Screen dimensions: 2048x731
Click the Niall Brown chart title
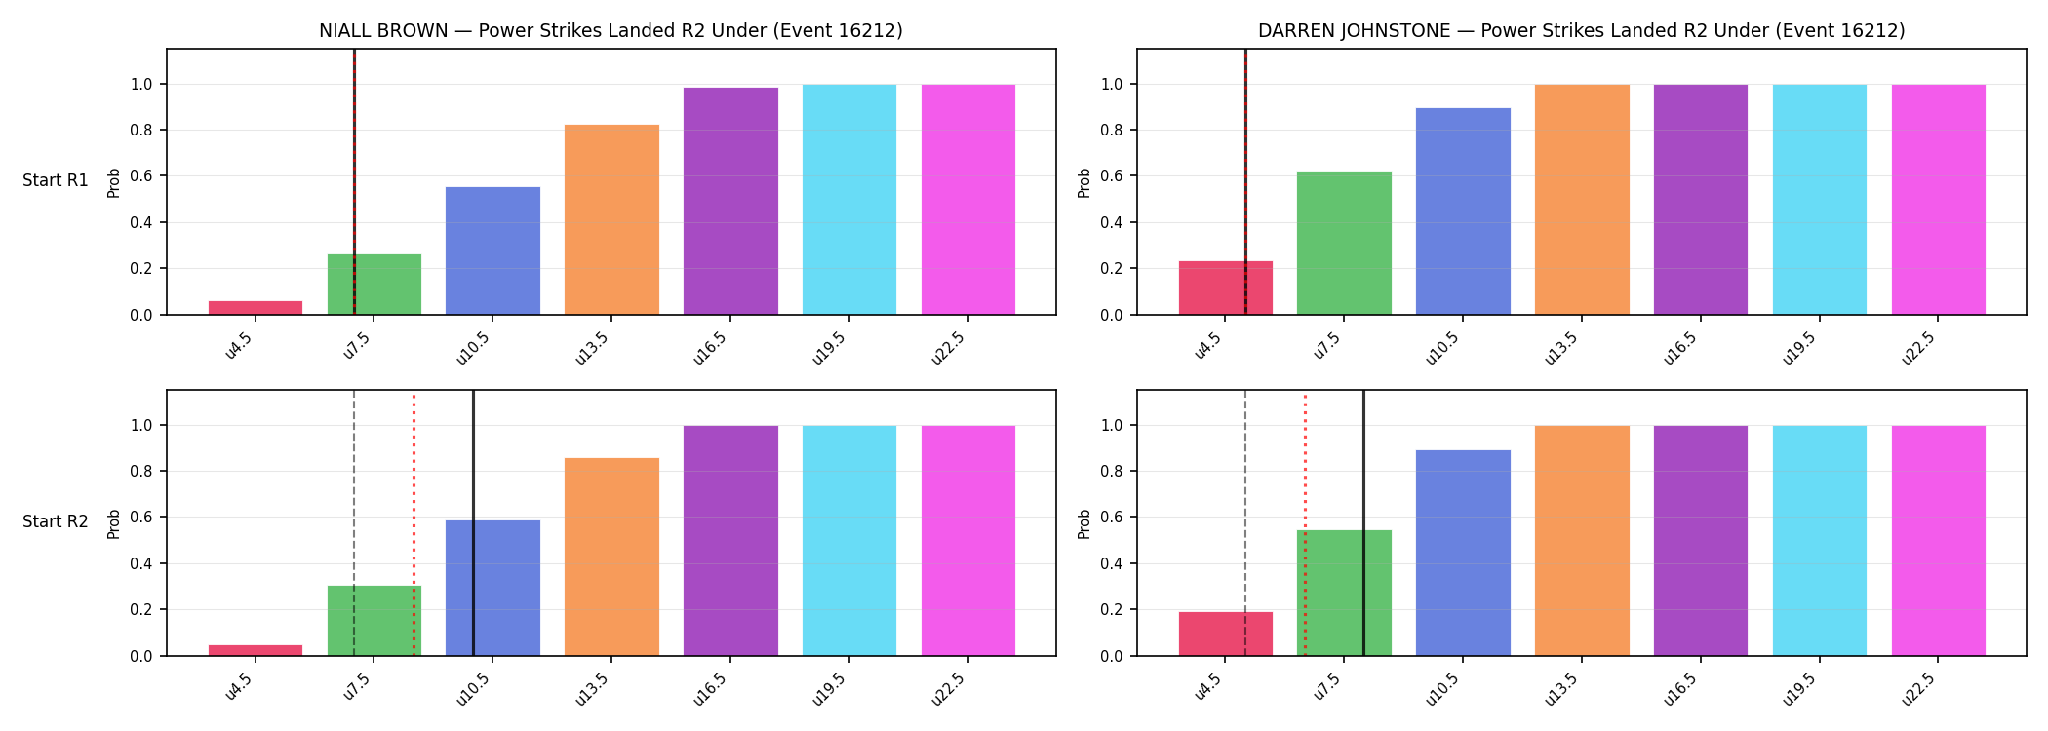[x=610, y=30]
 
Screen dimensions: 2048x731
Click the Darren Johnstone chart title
[x=1581, y=30]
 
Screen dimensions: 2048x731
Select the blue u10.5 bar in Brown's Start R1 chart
[x=492, y=250]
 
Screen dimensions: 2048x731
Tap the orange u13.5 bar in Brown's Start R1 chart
[x=611, y=219]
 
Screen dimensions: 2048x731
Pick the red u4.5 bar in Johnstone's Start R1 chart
[x=1226, y=288]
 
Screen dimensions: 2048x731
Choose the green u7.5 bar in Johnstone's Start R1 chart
[x=1344, y=243]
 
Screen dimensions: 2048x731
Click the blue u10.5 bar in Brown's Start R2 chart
[x=492, y=588]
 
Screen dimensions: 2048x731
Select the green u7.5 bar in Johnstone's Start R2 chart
[x=1344, y=593]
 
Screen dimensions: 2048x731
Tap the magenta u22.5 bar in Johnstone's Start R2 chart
[x=1939, y=541]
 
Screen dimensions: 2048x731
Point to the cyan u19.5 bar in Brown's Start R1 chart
[x=849, y=200]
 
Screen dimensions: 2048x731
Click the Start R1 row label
[x=56, y=180]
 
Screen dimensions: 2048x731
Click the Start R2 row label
[x=56, y=521]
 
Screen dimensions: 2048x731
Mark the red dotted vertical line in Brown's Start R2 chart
[x=414, y=523]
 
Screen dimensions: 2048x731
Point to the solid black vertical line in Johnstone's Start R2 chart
[x=1363, y=523]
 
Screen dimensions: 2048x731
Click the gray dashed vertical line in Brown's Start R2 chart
[x=354, y=523]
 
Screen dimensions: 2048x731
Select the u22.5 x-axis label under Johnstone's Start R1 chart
[x=1918, y=348]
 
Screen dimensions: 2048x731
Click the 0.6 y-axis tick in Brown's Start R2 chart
[x=141, y=518]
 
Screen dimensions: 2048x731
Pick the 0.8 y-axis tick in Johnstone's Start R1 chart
[x=1112, y=131]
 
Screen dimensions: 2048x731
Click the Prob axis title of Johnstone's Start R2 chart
[x=1084, y=523]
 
